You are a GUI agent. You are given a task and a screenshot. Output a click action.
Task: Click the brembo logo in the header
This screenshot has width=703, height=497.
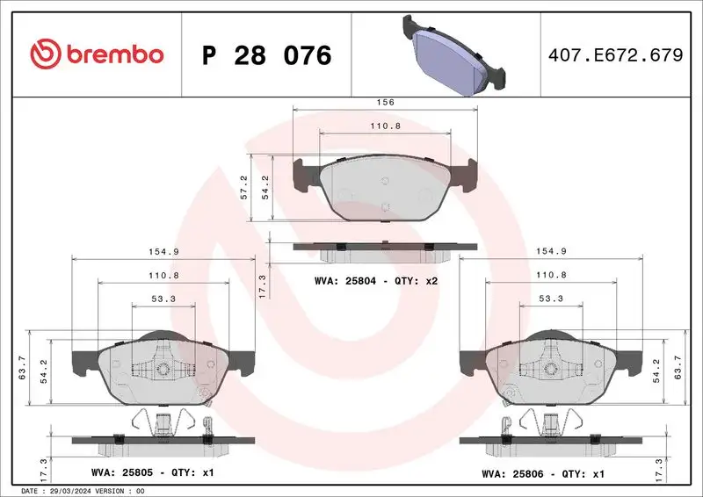[x=97, y=54]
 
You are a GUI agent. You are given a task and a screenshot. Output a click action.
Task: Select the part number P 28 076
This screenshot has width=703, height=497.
[x=266, y=55]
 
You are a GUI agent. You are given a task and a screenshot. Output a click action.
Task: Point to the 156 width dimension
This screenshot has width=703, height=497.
[x=385, y=102]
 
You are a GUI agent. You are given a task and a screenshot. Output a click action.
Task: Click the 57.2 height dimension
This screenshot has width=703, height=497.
[x=243, y=188]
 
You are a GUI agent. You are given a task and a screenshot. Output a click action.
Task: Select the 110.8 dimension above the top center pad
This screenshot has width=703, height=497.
[x=385, y=126]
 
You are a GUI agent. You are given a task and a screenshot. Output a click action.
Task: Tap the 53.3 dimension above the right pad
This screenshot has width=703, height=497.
[x=552, y=299]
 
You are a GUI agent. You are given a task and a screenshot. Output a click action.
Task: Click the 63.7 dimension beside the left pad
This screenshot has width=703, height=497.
[x=22, y=369]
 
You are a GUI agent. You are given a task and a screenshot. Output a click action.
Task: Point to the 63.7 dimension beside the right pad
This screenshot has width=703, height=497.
[x=678, y=369]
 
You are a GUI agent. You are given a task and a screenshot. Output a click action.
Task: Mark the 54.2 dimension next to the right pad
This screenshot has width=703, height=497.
[x=655, y=369]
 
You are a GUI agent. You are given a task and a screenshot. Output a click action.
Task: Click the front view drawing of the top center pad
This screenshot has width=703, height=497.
[x=385, y=189]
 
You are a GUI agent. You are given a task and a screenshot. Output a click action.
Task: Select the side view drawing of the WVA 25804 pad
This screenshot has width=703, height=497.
[x=385, y=251]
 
